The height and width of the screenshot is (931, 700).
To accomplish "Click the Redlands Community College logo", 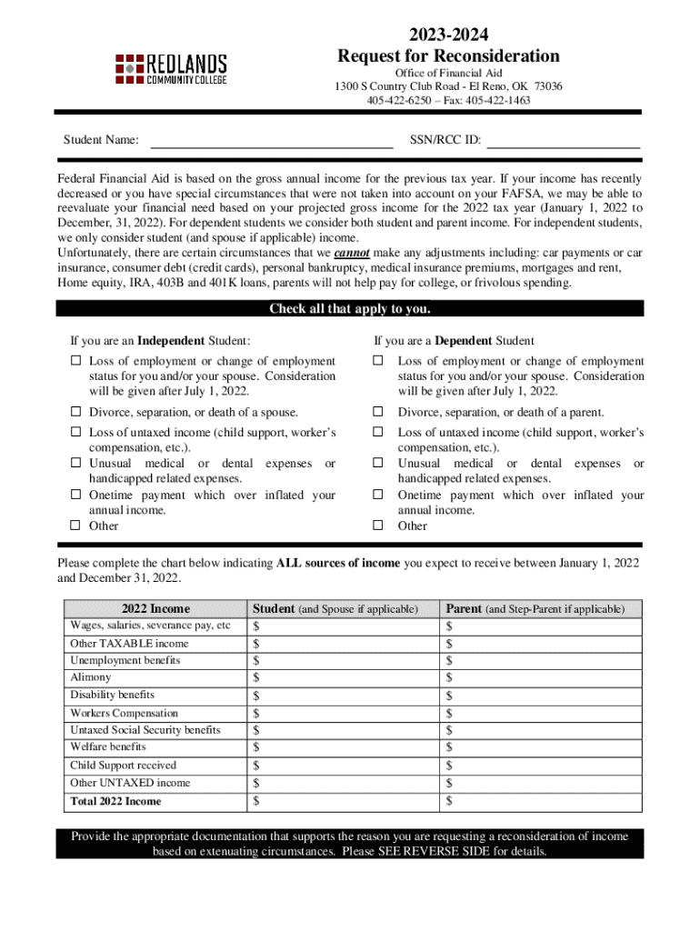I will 170,69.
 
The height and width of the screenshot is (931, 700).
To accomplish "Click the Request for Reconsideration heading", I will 448,56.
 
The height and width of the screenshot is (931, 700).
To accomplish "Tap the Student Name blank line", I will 270,140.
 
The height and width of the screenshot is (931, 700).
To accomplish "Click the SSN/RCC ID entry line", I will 563,140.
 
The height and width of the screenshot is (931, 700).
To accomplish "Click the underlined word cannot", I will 351,253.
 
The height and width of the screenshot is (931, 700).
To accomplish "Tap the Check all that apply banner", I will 349,309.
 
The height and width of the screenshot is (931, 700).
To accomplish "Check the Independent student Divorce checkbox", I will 75,413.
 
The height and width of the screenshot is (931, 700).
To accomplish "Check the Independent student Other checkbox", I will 75,526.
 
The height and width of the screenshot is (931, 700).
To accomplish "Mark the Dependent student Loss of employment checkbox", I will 377,362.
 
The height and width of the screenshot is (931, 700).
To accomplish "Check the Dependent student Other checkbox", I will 377,526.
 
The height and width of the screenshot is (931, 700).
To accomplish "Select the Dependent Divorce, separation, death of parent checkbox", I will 377,413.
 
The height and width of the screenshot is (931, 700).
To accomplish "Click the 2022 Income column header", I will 155,609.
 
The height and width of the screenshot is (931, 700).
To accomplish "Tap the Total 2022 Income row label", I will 115,801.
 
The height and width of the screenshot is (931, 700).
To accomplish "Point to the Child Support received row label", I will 124,766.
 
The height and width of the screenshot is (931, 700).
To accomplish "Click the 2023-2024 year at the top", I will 448,35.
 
